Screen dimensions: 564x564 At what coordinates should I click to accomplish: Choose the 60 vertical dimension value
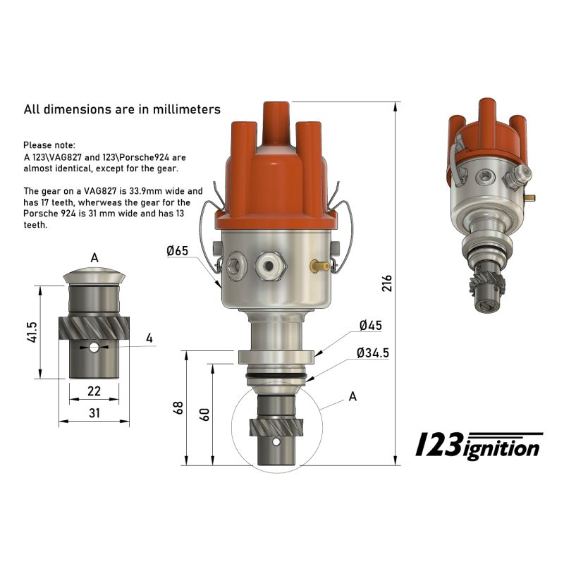tap(205, 414)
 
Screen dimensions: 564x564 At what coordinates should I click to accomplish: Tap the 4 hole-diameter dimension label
tap(149, 338)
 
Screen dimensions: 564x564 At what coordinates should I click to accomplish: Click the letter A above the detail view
tap(94, 258)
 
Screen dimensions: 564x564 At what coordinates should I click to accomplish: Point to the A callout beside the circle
tap(352, 397)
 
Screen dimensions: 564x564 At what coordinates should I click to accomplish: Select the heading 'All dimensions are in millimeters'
tap(122, 109)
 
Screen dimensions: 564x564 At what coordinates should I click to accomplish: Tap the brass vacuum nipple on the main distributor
tap(318, 266)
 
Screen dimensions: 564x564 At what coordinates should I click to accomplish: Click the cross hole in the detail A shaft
tap(94, 347)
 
